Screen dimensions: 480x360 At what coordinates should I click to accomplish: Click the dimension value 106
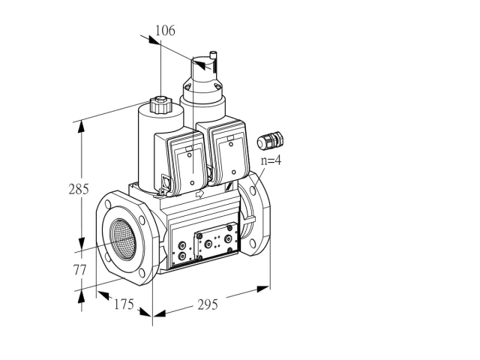click(165, 31)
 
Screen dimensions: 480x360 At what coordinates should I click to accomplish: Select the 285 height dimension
click(79, 189)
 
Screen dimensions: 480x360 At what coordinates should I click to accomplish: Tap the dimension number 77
click(79, 270)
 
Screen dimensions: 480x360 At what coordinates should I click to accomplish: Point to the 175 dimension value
click(124, 304)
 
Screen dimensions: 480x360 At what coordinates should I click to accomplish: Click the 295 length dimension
click(208, 304)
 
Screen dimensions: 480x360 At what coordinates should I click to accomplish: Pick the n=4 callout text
click(271, 160)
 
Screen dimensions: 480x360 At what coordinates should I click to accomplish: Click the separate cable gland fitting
click(270, 140)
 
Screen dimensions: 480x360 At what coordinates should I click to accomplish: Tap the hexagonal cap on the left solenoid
click(160, 104)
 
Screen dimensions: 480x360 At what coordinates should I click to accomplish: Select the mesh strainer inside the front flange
click(123, 239)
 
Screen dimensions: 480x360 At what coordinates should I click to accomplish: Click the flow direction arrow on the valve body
click(200, 193)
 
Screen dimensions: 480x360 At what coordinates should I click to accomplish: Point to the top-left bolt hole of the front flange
click(108, 204)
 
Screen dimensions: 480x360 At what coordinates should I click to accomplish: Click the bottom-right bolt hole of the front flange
click(142, 273)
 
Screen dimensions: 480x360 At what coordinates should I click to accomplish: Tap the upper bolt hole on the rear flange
click(253, 190)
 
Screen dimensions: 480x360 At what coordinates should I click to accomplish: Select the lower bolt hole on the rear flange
click(253, 243)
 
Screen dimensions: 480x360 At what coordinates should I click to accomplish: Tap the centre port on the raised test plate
click(208, 244)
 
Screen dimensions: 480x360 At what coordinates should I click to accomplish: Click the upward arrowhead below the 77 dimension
click(81, 298)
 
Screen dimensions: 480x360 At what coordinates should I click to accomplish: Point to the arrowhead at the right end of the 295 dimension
click(263, 289)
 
